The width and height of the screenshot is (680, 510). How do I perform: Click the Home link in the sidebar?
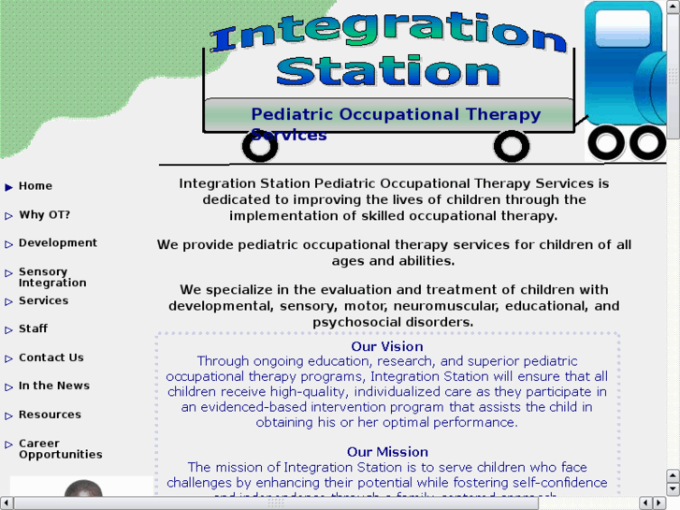(x=36, y=186)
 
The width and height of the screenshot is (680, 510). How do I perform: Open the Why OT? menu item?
(x=44, y=214)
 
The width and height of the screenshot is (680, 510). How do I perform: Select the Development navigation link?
(x=58, y=243)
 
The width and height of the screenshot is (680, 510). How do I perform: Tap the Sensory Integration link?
(x=52, y=277)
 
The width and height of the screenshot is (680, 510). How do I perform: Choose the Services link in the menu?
(x=43, y=300)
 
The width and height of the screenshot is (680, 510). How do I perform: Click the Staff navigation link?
(x=33, y=329)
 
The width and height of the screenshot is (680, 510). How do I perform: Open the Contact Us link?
(x=51, y=357)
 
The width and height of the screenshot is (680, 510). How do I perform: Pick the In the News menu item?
(x=54, y=386)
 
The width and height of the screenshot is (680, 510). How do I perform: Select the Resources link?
(x=50, y=415)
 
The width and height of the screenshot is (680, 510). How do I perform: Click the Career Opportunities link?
(x=60, y=449)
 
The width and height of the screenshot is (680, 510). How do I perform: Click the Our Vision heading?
(x=387, y=346)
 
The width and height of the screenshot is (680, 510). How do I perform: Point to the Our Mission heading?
(x=387, y=452)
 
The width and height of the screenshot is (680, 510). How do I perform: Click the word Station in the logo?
(x=387, y=71)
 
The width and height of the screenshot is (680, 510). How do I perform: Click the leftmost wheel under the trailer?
(x=259, y=145)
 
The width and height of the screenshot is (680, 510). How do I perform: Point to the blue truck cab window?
(x=621, y=28)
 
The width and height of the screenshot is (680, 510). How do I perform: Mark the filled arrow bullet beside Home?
(x=9, y=187)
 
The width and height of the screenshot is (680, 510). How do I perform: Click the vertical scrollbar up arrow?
(x=673, y=7)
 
